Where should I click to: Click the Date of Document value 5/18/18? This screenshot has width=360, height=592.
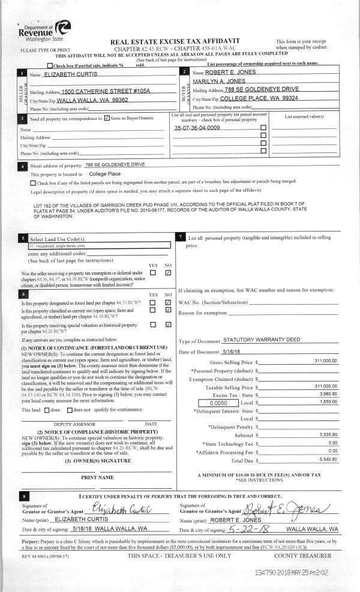tap(214, 351)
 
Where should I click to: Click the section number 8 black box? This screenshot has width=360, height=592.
tap(23, 497)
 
